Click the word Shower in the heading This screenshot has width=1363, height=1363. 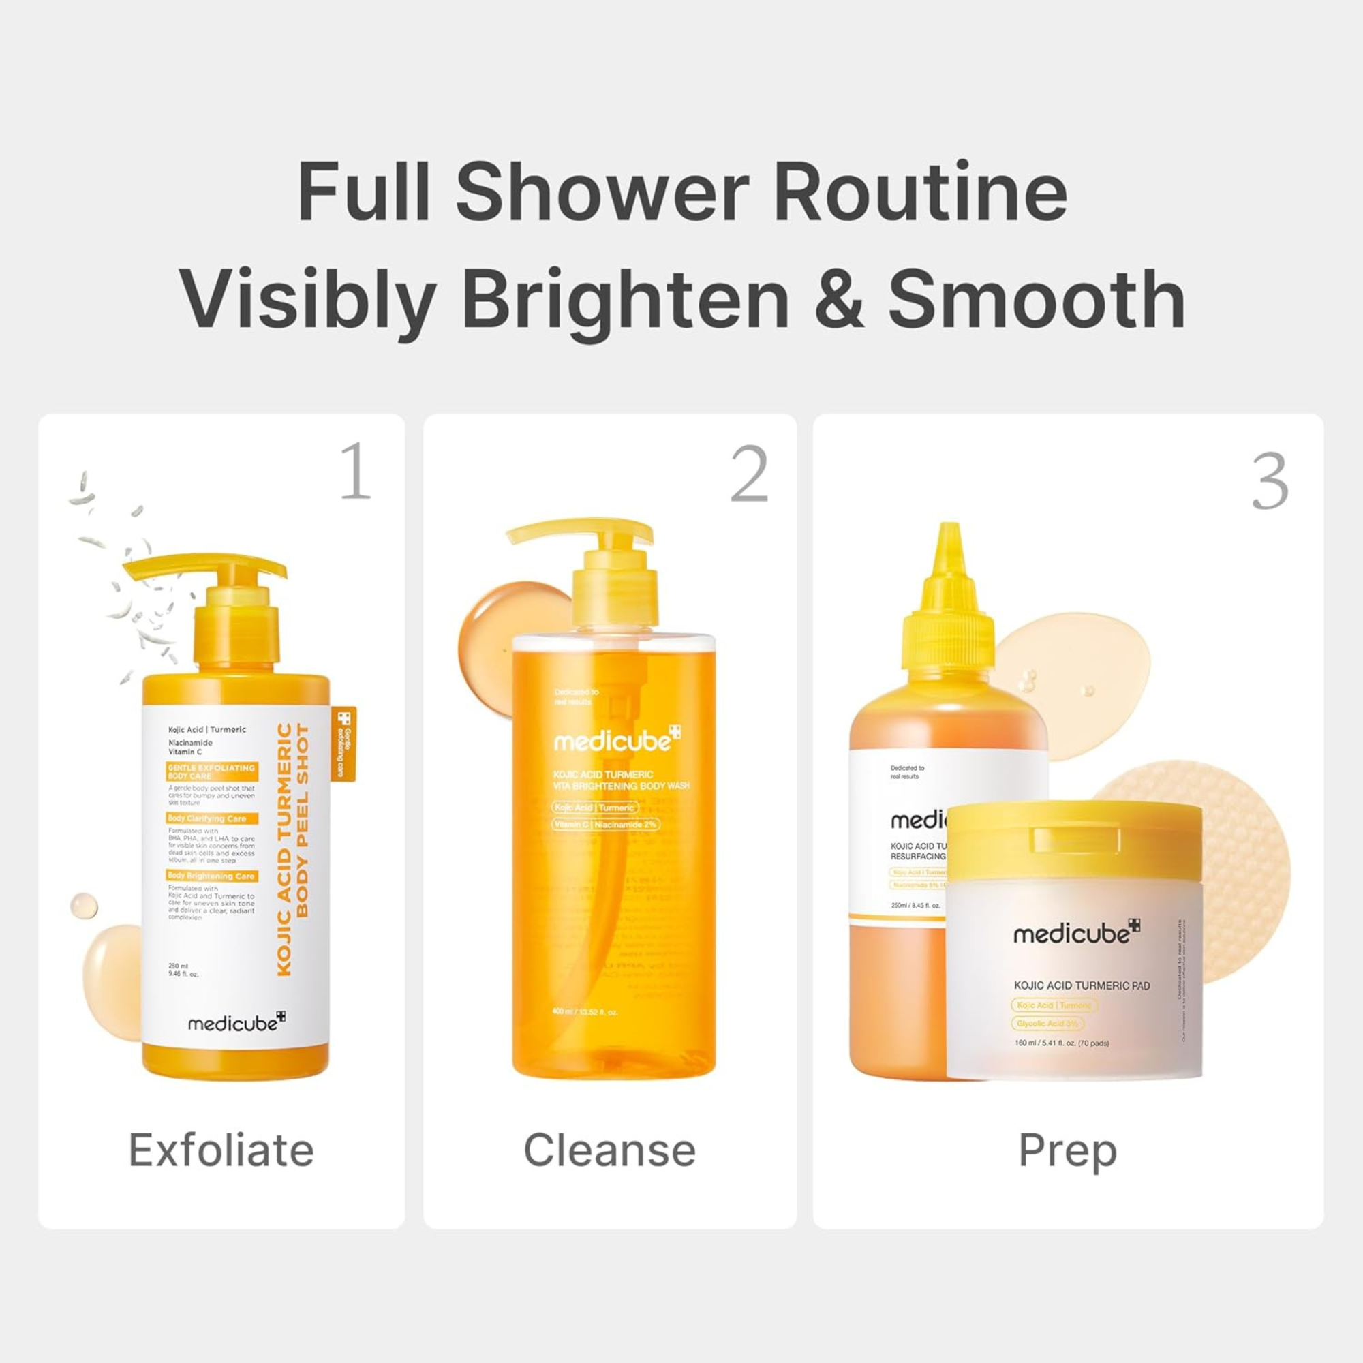point(601,192)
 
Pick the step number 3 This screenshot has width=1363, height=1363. point(1270,482)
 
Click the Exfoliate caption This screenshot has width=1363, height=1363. point(221,1150)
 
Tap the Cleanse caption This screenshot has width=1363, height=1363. point(609,1150)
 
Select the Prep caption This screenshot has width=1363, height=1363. point(1067,1150)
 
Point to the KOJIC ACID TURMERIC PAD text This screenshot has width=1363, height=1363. point(1082,985)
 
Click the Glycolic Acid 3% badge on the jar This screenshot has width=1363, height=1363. point(1047,1024)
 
